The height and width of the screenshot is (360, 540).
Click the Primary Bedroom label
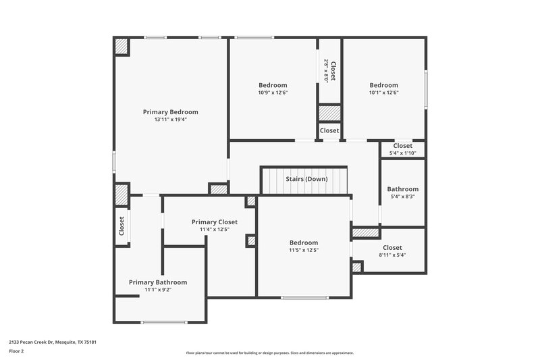coord(170,112)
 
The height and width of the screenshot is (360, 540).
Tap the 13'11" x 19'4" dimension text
coord(170,120)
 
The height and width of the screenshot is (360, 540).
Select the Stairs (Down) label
coord(306,179)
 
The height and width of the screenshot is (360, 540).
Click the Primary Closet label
coord(214,222)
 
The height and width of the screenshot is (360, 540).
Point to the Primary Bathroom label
coord(158,282)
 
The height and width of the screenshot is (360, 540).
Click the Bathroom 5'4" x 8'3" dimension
coord(402,197)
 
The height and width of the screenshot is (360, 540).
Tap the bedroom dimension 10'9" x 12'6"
coord(273,93)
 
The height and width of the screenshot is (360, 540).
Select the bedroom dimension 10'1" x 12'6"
coord(383,93)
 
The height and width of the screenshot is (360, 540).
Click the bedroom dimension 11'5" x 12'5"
coord(304,250)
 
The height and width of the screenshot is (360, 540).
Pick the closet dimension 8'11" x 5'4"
coord(392,255)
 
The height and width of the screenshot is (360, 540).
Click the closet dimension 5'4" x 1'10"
coord(402,153)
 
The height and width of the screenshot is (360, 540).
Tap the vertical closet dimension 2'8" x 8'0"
coord(326,70)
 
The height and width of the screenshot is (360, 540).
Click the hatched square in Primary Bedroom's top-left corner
coord(122,47)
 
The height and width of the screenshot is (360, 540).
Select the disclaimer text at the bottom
coord(269,353)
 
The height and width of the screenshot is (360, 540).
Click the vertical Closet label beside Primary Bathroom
coord(122,225)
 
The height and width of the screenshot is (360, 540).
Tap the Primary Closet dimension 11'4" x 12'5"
coord(214,230)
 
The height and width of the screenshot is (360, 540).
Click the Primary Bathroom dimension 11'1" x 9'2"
coord(158,290)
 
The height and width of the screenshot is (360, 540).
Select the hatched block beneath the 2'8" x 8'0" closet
coord(329,113)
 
